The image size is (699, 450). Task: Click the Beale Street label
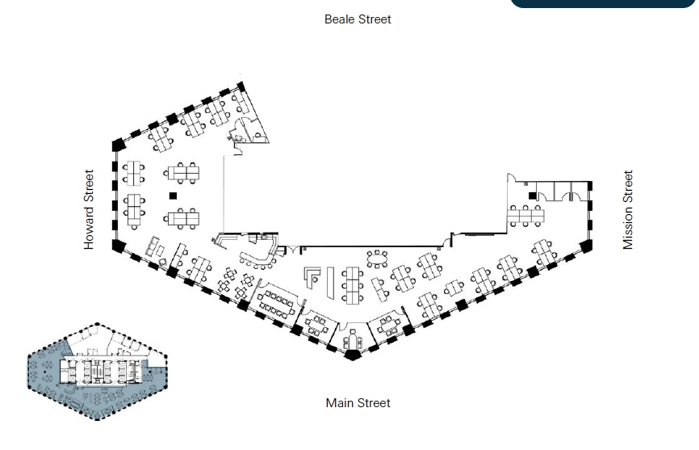(x=358, y=19)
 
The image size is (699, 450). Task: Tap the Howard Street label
(x=90, y=209)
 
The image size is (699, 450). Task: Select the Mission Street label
(x=628, y=209)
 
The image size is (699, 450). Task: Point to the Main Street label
(x=358, y=402)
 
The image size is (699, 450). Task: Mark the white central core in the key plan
(x=98, y=370)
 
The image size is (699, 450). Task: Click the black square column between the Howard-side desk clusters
(x=172, y=196)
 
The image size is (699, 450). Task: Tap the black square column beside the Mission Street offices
(x=532, y=196)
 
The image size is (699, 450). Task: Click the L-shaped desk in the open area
(x=312, y=277)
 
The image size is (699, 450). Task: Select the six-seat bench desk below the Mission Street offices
(x=525, y=216)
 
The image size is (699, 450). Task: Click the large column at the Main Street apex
(x=353, y=354)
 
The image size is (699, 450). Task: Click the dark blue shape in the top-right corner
(x=602, y=3)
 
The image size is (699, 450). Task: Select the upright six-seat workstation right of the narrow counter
(x=353, y=284)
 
